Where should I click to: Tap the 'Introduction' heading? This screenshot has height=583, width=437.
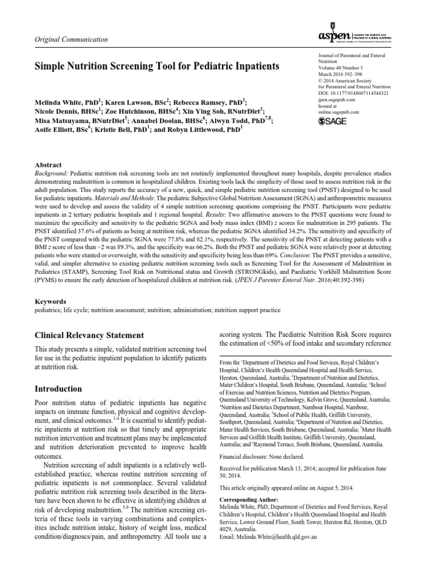[x=59, y=389]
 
